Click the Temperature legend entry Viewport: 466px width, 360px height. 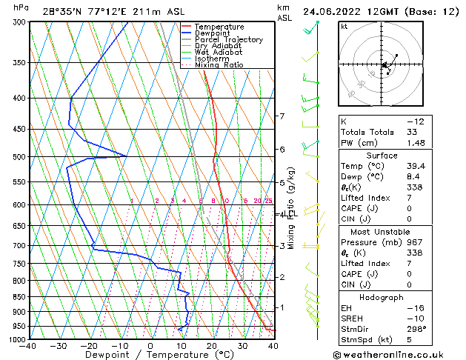[x=219, y=26]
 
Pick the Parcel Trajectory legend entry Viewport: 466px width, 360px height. [x=228, y=39]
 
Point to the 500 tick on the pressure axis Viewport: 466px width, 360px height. [x=16, y=157]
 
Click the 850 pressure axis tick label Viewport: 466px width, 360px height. [x=16, y=296]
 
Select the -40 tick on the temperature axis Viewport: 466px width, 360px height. [x=29, y=346]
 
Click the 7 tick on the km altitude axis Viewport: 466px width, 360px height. [x=282, y=116]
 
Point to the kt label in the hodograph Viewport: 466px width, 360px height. [x=344, y=26]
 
